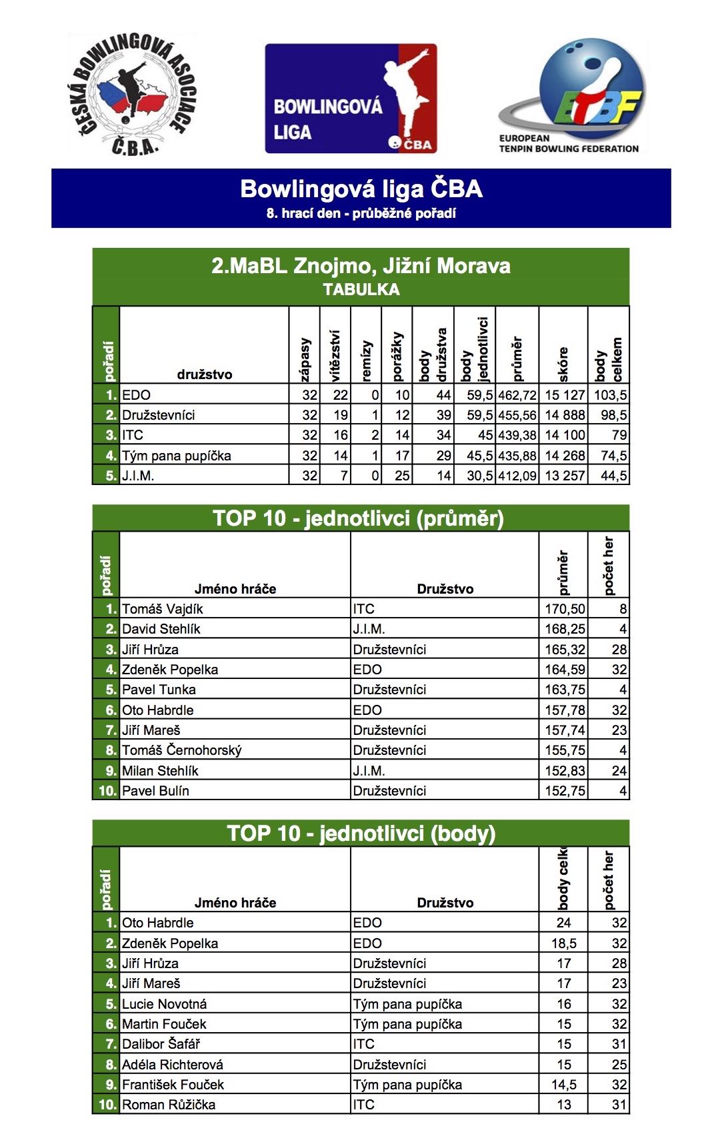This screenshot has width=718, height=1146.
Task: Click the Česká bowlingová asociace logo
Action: click(132, 95)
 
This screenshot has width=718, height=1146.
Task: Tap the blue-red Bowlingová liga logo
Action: click(351, 99)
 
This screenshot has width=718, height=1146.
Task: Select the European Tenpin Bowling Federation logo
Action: click(571, 97)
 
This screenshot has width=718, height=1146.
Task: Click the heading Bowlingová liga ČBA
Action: click(361, 189)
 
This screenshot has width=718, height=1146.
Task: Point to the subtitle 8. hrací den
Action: click(361, 214)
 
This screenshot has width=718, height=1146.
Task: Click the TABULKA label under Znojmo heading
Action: click(361, 290)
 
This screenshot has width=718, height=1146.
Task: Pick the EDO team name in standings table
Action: click(137, 395)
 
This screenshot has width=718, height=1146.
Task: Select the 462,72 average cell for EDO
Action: click(517, 395)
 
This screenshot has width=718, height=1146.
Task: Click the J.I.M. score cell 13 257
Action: click(564, 476)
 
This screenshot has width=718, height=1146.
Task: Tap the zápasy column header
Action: click(305, 360)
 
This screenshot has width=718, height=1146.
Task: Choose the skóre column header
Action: click(563, 364)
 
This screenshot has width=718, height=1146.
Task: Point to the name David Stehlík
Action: click(161, 629)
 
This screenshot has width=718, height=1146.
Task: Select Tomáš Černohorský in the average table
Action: click(181, 750)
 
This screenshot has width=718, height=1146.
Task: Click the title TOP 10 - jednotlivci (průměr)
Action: click(358, 518)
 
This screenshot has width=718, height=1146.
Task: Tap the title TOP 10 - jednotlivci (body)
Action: click(361, 834)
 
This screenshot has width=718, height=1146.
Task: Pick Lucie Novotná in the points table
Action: click(164, 1004)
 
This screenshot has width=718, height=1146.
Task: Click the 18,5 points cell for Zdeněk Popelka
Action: click(563, 943)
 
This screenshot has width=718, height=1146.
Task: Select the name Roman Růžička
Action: click(169, 1105)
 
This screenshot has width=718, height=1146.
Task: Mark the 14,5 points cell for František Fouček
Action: click(563, 1085)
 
